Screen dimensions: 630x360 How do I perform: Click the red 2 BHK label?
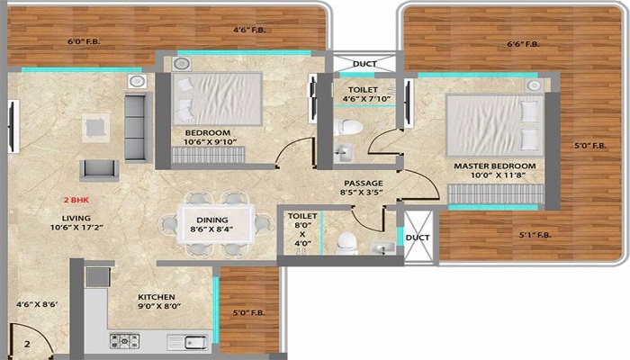[76, 200]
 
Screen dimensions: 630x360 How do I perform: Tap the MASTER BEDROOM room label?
[495, 166]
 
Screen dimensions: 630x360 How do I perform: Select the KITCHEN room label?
[157, 297]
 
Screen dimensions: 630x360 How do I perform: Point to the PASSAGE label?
[364, 184]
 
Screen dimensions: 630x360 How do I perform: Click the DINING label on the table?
[212, 220]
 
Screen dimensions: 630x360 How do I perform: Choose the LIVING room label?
[76, 218]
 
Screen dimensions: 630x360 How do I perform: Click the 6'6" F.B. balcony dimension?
[523, 44]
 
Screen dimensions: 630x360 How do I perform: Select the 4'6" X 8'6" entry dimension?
[37, 304]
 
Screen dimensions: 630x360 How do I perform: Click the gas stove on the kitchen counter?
[125, 341]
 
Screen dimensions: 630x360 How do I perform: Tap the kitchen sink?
[188, 342]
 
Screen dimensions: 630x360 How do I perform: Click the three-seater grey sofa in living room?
[136, 127]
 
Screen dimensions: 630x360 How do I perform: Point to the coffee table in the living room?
[96, 128]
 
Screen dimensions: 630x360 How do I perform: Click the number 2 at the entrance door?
[27, 344]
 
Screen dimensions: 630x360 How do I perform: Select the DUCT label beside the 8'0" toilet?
[418, 238]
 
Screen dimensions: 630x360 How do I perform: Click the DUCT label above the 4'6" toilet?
[364, 64]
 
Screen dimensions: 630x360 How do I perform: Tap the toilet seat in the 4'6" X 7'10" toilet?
[347, 127]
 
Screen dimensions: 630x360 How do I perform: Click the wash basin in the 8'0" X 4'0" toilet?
[382, 247]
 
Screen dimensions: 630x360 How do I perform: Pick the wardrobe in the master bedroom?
[496, 193]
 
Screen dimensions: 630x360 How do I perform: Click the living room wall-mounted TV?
[13, 126]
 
